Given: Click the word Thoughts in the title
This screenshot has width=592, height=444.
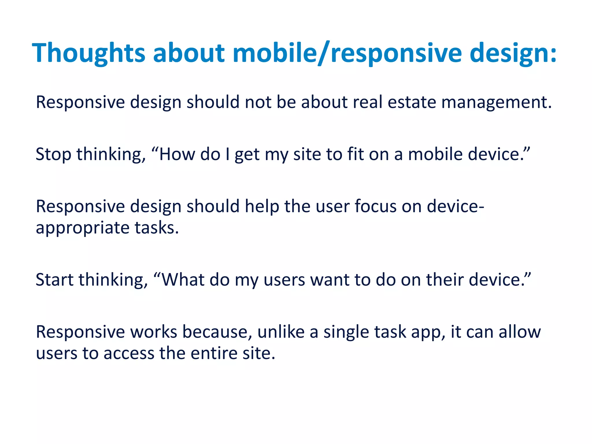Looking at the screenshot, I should [88, 53].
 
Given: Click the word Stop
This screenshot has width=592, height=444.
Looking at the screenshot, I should [53, 154].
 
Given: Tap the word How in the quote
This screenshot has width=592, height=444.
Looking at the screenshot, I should [177, 154].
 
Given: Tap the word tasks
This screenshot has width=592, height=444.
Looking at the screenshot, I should [157, 228].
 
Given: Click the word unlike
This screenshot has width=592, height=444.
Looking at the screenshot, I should [281, 332].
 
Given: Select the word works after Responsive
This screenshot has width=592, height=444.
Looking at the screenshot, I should [153, 332].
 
